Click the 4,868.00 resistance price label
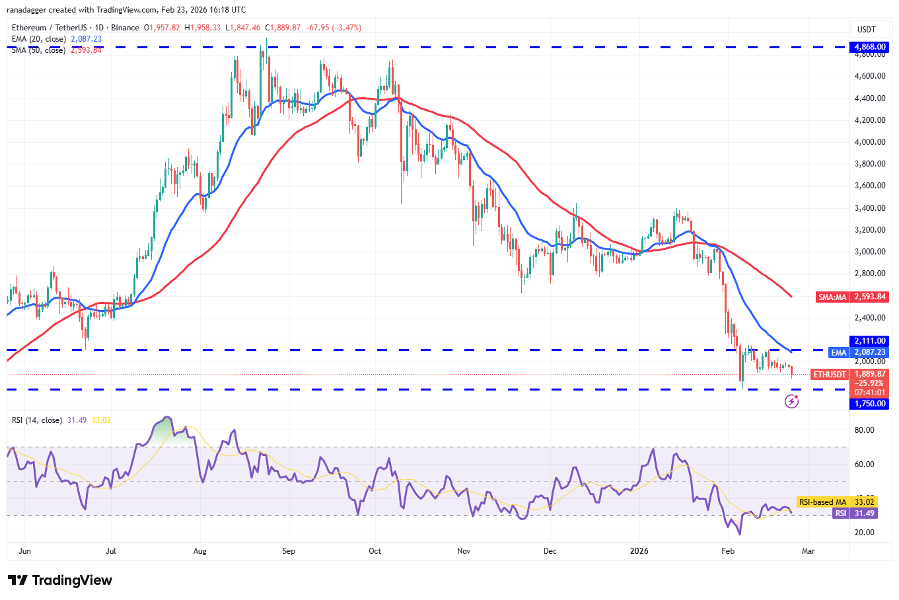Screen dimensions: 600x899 tap(869, 47)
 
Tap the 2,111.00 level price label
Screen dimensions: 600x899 tap(869, 341)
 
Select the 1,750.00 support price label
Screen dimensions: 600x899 tap(869, 404)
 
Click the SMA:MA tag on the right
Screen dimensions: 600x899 tap(832, 297)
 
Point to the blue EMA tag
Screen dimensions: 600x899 tap(838, 353)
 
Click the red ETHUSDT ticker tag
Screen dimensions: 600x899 tap(829, 375)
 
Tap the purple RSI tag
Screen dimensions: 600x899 tap(840, 513)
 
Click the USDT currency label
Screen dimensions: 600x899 tap(866, 29)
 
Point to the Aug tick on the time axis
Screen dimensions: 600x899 tap(200, 550)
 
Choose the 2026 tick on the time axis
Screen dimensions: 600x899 tap(639, 550)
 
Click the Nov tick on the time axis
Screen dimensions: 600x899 tap(464, 550)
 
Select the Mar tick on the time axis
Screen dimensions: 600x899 tap(808, 550)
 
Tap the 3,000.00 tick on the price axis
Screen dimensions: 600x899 tap(869, 252)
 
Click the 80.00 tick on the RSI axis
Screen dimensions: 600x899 tap(864, 430)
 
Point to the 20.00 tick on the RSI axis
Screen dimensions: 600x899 tap(864, 533)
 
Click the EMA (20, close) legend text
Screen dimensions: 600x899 tap(39, 39)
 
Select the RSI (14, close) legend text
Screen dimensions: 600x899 tap(37, 420)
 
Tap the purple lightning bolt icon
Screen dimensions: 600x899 tap(791, 401)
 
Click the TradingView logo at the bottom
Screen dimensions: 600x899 tap(61, 580)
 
